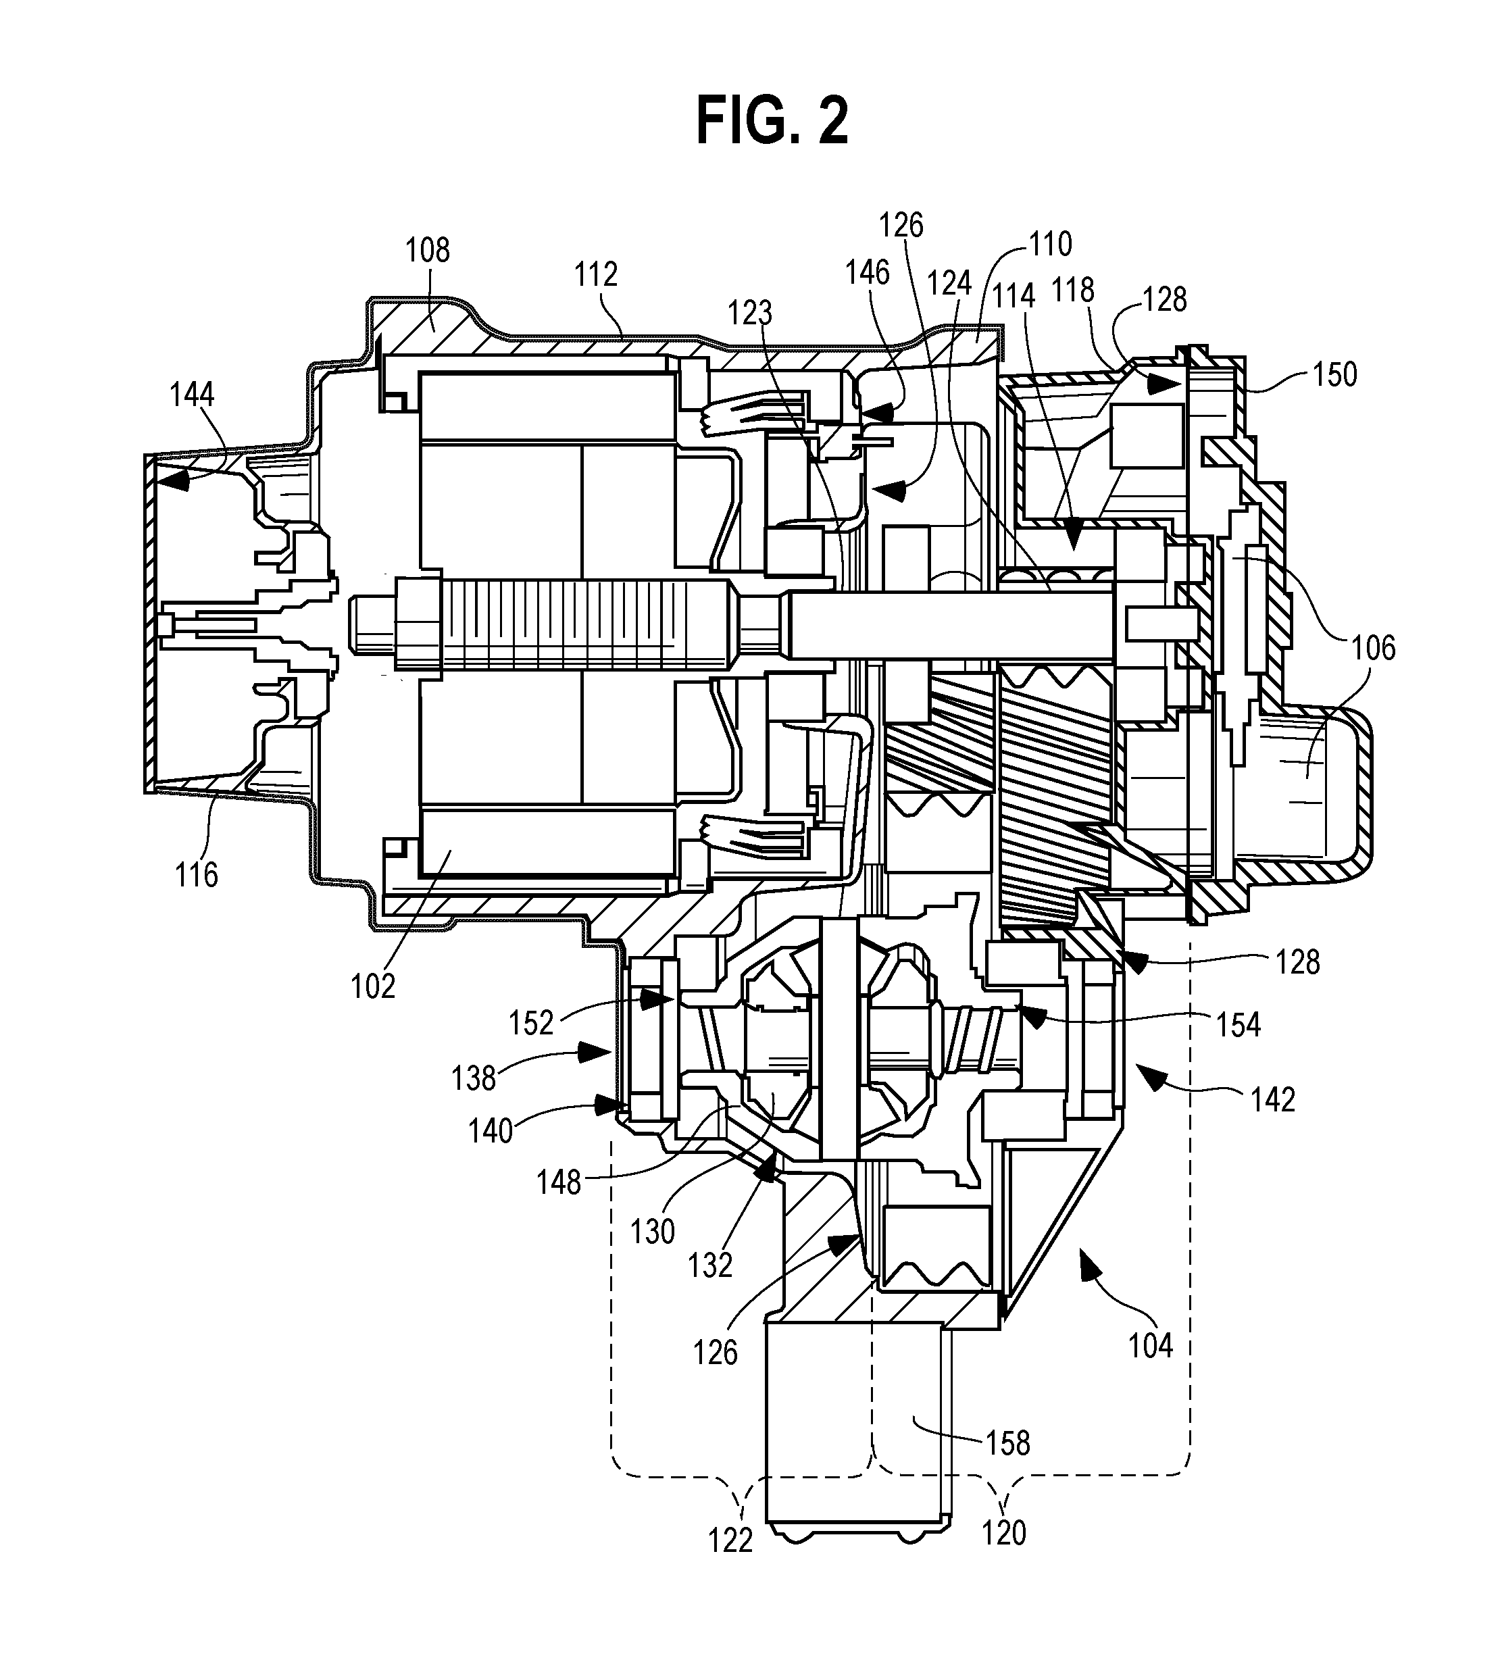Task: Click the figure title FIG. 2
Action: (772, 121)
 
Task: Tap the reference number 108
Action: (428, 250)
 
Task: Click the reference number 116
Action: (197, 874)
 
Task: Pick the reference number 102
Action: (374, 986)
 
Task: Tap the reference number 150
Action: (1334, 374)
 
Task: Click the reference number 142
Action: (1273, 1099)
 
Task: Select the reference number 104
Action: (1150, 1347)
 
